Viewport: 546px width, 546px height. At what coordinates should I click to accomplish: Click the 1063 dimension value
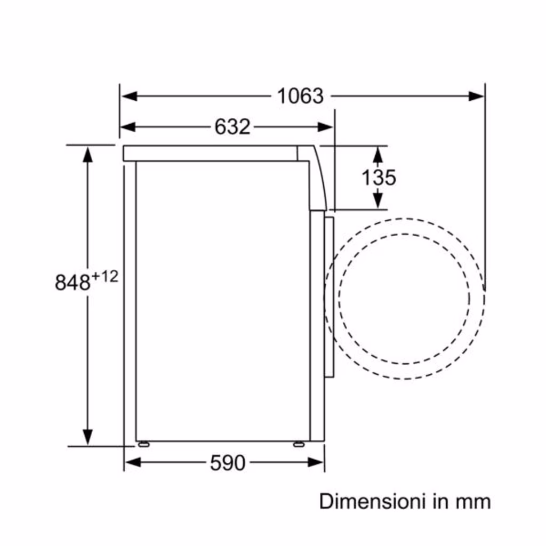point(300,96)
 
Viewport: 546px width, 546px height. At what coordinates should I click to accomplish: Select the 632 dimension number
point(232,127)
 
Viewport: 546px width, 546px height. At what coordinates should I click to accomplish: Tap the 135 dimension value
point(379,177)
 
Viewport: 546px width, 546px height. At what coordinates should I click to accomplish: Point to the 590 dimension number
point(228,463)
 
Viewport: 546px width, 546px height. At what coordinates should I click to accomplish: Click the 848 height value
point(73,282)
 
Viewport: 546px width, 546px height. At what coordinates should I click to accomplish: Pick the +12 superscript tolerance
point(105,277)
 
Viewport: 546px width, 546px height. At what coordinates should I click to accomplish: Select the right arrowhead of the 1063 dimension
point(476,96)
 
